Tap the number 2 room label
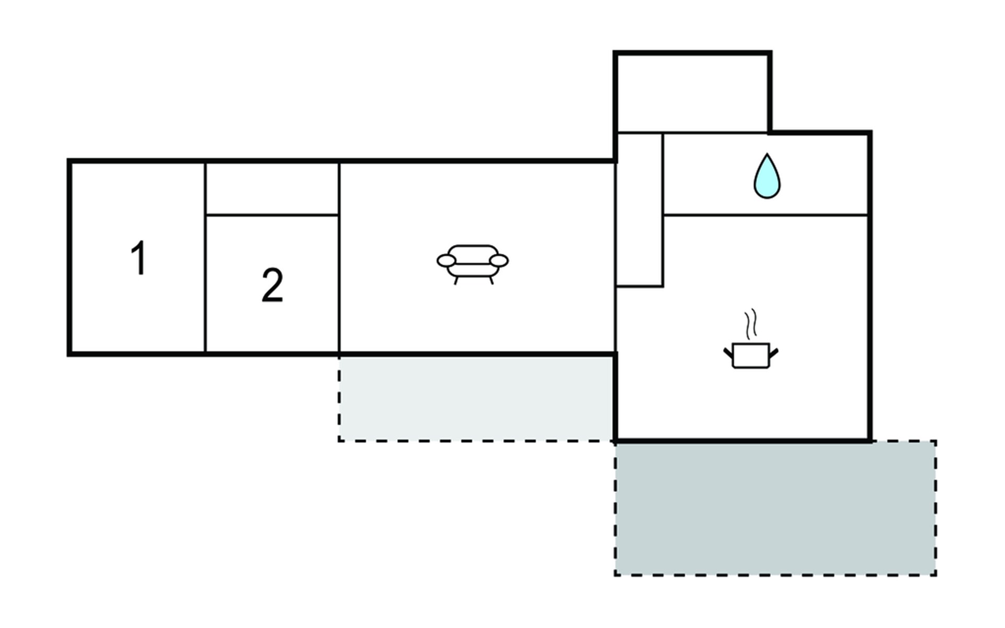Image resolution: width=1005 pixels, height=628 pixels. [x=272, y=285]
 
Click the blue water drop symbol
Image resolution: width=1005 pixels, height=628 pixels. [x=767, y=177]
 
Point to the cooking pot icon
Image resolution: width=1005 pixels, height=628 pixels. [x=751, y=355]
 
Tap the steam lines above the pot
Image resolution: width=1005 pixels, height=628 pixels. [x=751, y=322]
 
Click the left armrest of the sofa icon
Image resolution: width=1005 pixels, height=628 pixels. [x=445, y=260]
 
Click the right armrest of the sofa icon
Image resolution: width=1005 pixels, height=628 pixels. [x=499, y=260]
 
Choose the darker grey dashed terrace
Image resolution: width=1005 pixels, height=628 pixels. [x=775, y=508]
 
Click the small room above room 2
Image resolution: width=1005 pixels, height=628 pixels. [x=272, y=188]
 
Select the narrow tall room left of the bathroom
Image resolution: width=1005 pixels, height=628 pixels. [x=640, y=209]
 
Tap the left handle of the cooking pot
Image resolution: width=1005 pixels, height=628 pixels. [x=728, y=352]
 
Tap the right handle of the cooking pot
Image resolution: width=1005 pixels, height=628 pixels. [x=774, y=352]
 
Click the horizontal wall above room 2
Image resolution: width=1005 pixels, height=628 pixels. [x=272, y=215]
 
